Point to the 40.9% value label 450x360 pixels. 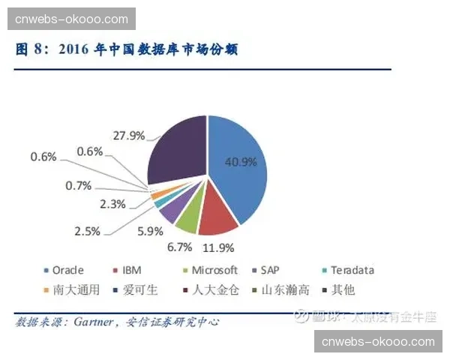[x=241, y=161]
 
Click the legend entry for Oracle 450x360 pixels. [x=64, y=270]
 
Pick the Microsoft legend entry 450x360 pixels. [x=211, y=270]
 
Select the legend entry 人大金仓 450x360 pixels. [x=211, y=289]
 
